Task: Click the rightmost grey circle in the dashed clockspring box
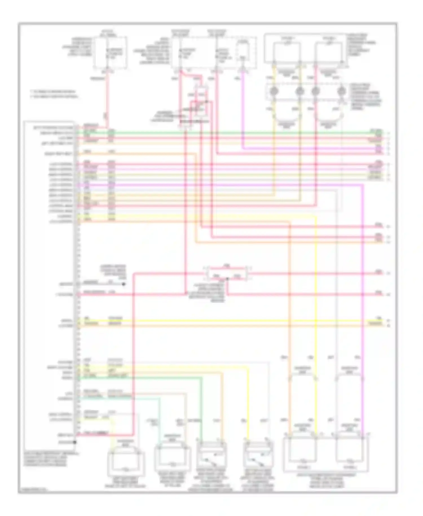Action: [342, 91]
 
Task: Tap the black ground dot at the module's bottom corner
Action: [75, 442]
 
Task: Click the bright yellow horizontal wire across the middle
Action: [226, 321]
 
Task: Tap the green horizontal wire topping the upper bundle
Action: [226, 132]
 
